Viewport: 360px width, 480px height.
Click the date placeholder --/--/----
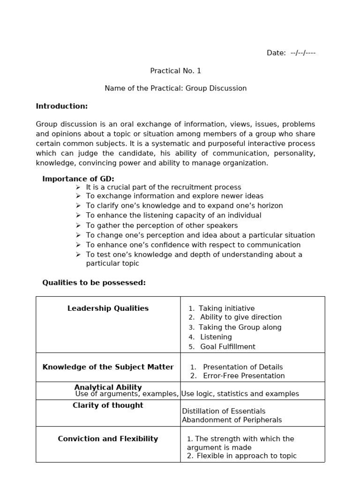tap(303, 53)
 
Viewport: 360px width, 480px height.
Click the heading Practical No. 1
tap(175, 71)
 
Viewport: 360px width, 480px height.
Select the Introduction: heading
tap(62, 106)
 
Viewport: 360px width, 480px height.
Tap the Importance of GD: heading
tap(78, 179)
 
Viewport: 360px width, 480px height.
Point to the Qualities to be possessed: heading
tap(94, 283)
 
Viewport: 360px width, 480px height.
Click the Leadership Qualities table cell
tap(108, 308)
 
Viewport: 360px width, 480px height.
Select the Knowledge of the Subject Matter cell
tap(108, 367)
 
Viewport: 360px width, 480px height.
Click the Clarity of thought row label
tap(108, 405)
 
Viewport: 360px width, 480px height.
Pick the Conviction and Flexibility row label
tap(108, 439)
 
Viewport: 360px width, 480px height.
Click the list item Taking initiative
tap(226, 308)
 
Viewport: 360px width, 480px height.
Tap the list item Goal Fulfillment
tap(228, 347)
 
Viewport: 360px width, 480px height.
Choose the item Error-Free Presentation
tap(244, 376)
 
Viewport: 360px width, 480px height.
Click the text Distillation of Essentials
tap(224, 411)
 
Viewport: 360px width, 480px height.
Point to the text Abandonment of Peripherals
tap(232, 420)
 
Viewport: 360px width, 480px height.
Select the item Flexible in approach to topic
tap(247, 456)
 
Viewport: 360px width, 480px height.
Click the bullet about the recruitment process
tap(164, 187)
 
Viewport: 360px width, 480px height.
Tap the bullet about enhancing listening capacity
tap(173, 216)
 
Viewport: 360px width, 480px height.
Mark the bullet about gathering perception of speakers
tap(162, 225)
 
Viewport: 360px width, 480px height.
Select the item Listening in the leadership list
tap(216, 337)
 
